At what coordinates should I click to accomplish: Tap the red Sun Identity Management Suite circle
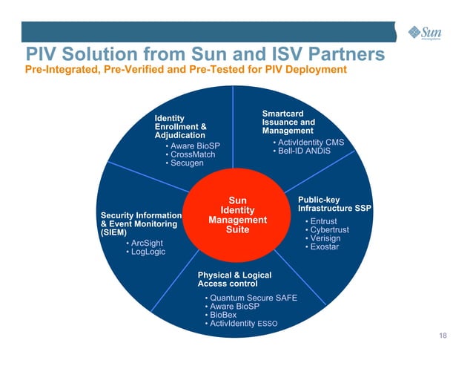(x=237, y=215)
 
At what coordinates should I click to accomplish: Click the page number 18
(x=443, y=338)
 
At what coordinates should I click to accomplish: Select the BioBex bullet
(x=222, y=315)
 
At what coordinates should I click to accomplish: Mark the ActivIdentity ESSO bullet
(x=241, y=324)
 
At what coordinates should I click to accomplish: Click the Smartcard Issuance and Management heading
(x=288, y=122)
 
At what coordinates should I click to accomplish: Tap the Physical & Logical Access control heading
(x=234, y=279)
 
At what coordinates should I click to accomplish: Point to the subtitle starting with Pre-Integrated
(x=186, y=70)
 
